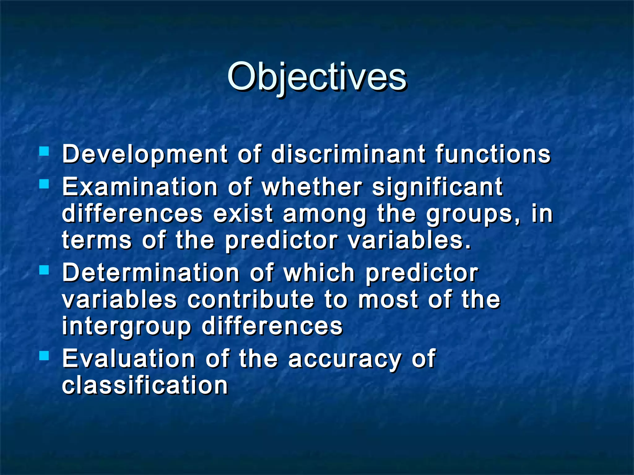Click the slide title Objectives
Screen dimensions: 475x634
click(317, 77)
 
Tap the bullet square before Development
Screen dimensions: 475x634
click(44, 151)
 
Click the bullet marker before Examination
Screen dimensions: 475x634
click(44, 184)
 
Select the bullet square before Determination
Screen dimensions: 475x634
click(44, 270)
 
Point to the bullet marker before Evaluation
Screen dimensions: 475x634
click(44, 356)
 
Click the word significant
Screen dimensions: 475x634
click(437, 187)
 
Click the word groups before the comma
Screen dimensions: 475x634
click(469, 214)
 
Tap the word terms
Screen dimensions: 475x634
click(97, 240)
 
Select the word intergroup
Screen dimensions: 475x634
click(127, 327)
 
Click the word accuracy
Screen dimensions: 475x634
click(345, 359)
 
